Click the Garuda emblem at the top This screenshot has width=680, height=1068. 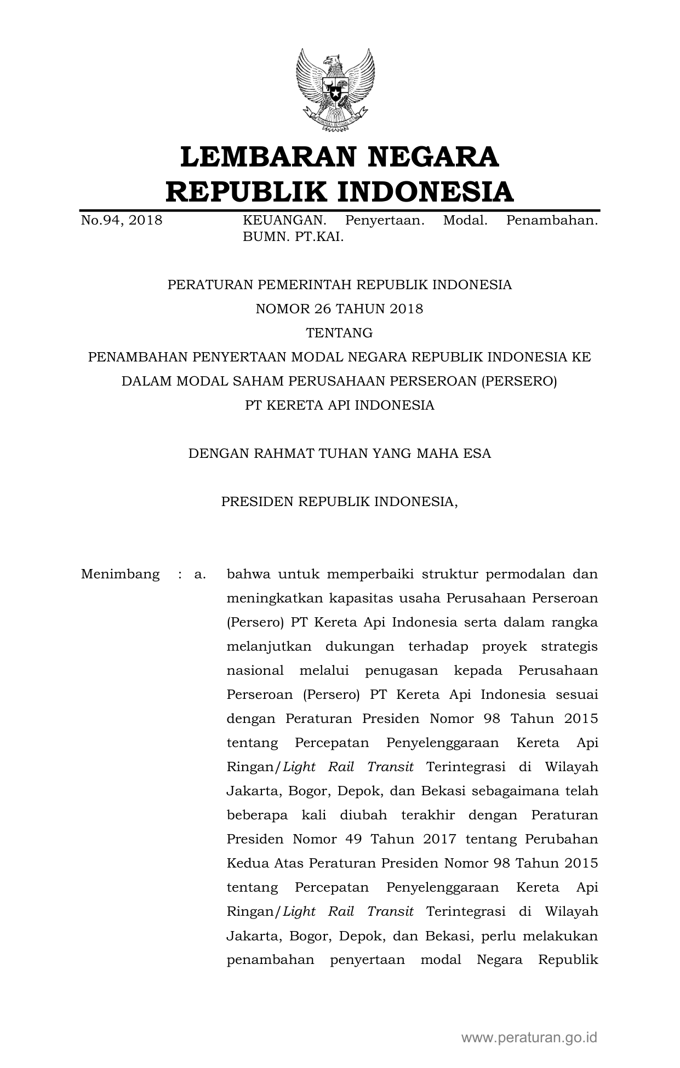click(x=335, y=89)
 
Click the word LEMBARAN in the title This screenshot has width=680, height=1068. click(x=265, y=157)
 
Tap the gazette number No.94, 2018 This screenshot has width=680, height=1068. click(x=122, y=220)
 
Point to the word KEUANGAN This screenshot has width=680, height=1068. click(x=284, y=220)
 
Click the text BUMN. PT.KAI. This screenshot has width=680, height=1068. click(x=293, y=237)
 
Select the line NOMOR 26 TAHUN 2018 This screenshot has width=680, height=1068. click(x=339, y=309)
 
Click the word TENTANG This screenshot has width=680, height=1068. click(x=339, y=333)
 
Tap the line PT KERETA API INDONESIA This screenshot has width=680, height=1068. click(x=339, y=405)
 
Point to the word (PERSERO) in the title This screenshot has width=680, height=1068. click(x=519, y=381)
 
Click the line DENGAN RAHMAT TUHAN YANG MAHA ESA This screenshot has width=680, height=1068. click(x=339, y=453)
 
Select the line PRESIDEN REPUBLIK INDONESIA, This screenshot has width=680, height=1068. click(x=339, y=502)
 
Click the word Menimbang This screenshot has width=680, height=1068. click(x=121, y=575)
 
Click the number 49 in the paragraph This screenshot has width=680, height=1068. click(x=357, y=840)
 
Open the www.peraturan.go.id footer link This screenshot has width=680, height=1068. click(x=529, y=1037)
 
